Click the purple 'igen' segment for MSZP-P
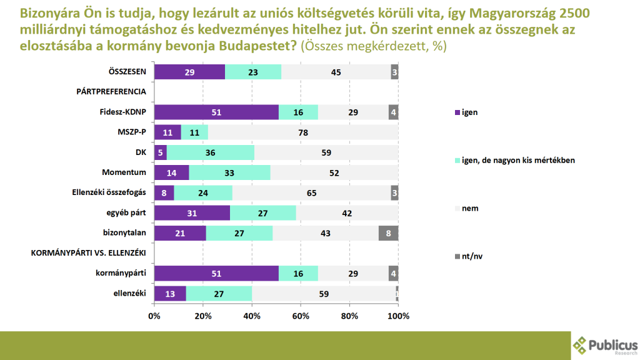coord(167,132)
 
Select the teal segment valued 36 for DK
coord(211,152)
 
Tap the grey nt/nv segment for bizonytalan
coord(388,233)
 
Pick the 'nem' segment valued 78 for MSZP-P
coord(303,132)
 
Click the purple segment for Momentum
coord(171,172)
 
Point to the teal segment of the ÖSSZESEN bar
coord(253,72)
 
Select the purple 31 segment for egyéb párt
coord(192,213)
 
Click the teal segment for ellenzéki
coord(219,294)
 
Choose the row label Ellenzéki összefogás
coord(109,193)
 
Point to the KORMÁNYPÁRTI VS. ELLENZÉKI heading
coord(88,253)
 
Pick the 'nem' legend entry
coord(470,208)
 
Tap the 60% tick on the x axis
coord(301,316)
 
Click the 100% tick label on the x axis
coord(398,316)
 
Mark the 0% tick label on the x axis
coord(154,316)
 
